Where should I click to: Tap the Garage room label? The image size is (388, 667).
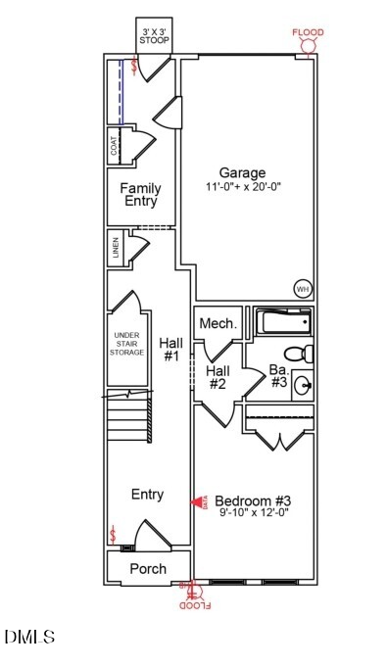[242, 172]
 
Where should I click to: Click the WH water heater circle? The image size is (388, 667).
[303, 288]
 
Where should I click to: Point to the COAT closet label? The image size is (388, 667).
[115, 146]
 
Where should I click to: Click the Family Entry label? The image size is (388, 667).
[140, 195]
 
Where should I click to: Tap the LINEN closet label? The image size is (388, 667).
[116, 248]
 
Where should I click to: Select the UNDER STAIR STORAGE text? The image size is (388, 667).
[127, 344]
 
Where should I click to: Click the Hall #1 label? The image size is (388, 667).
[170, 349]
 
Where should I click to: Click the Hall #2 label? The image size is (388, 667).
[218, 377]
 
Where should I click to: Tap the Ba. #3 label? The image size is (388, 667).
[278, 376]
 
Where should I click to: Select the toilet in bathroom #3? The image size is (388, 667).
[298, 353]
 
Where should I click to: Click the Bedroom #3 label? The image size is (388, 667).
[253, 499]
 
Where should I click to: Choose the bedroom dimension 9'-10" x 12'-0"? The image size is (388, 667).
[253, 512]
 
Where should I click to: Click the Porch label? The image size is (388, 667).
[148, 568]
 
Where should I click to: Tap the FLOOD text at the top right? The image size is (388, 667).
[308, 33]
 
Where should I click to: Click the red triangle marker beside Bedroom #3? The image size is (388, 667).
[198, 501]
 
